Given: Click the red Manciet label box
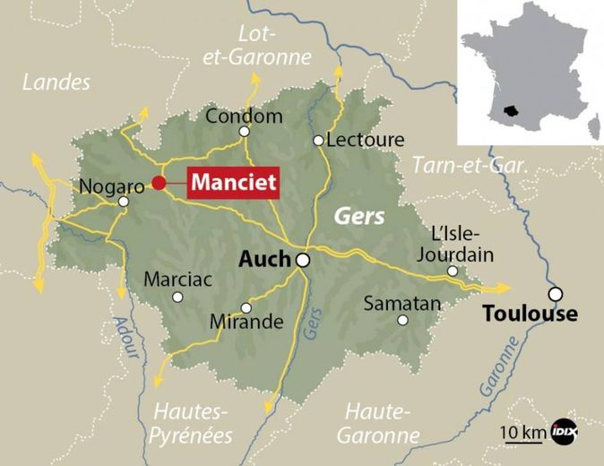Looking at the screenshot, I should [x=233, y=182].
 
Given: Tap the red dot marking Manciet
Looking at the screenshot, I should [x=159, y=183].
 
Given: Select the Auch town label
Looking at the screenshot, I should [x=265, y=260].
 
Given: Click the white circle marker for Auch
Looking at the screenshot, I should [x=304, y=260].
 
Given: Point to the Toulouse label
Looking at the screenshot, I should [x=530, y=314].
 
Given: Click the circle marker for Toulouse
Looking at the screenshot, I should [x=557, y=293].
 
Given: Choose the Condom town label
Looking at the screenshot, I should [x=244, y=116].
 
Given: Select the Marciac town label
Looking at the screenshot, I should [x=178, y=279].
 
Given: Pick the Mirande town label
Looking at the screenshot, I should [x=246, y=321].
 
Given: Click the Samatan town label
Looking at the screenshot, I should [x=402, y=304].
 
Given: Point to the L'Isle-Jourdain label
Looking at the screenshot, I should [x=462, y=244].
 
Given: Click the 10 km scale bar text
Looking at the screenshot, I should [x=522, y=433].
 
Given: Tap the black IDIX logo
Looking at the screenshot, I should [x=562, y=431].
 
